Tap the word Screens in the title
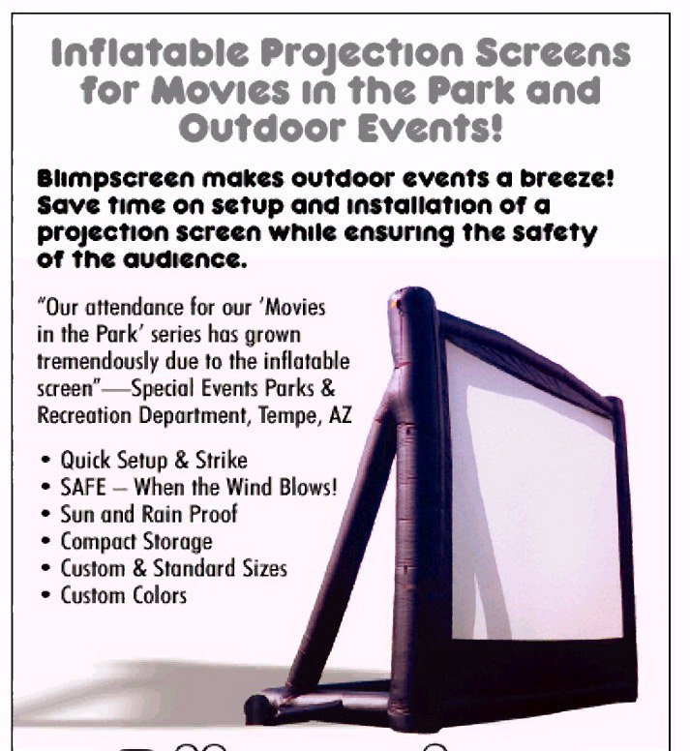[x=553, y=52]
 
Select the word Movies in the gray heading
[x=221, y=90]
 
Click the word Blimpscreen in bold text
[x=116, y=179]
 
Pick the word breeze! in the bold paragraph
[x=567, y=178]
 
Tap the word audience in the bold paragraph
[x=185, y=259]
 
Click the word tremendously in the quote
[x=97, y=362]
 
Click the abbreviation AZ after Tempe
[x=341, y=415]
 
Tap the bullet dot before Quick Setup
[x=46, y=461]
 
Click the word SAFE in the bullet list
[x=83, y=487]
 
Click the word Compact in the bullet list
[x=99, y=542]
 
